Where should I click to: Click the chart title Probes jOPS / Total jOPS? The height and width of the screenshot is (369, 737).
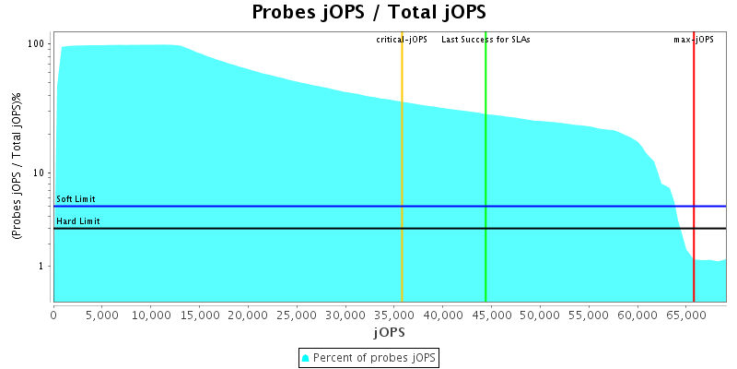(368, 13)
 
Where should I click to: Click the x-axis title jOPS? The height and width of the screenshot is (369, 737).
(389, 331)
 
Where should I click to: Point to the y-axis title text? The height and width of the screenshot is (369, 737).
(17, 167)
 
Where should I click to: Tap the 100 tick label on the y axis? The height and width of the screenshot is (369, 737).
(37, 44)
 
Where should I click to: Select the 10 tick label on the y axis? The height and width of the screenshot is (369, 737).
(40, 173)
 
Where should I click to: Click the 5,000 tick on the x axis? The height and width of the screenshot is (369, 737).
(102, 315)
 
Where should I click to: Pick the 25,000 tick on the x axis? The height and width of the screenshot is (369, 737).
(297, 315)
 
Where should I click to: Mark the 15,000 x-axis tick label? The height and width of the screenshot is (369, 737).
(199, 315)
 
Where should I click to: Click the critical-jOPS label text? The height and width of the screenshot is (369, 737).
(402, 40)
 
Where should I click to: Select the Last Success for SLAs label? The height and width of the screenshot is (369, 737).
(485, 40)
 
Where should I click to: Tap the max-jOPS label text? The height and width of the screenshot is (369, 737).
(694, 40)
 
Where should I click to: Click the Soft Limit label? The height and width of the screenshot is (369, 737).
(76, 199)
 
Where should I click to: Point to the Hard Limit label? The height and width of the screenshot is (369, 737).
(78, 221)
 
